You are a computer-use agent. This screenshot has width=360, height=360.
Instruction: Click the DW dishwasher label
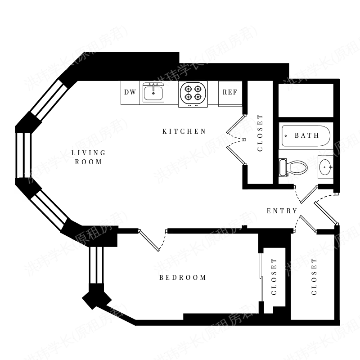tap(130, 92)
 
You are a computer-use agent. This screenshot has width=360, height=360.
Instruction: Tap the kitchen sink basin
tap(153, 93)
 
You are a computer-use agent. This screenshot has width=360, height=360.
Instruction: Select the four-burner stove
tap(193, 94)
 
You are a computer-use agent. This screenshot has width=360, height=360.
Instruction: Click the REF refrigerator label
tap(229, 92)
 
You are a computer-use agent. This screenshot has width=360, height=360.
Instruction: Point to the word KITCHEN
tap(184, 131)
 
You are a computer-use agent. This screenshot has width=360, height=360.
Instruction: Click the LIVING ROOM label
tap(88, 157)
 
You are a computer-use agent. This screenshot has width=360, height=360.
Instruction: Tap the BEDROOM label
tap(183, 278)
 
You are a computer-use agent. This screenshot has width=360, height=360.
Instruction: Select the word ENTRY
tap(282, 211)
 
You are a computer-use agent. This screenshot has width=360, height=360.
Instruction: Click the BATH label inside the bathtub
tap(307, 135)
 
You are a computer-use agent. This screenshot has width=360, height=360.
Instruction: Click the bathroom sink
tap(325, 167)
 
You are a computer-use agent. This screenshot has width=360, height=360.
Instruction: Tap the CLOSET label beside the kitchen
tap(260, 133)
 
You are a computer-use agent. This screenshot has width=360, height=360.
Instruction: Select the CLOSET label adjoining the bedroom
tap(274, 277)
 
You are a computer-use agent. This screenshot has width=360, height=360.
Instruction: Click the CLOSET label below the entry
tap(314, 277)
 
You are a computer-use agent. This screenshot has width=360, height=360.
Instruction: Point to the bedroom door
tap(149, 240)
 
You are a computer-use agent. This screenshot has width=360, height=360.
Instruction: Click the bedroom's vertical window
tap(96, 265)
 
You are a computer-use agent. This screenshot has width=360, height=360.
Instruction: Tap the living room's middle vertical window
tap(23, 155)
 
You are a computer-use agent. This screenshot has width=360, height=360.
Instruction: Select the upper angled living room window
tap(49, 100)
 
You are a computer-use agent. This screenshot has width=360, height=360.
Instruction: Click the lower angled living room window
tap(49, 210)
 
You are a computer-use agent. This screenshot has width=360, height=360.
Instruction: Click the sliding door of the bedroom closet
tap(261, 277)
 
